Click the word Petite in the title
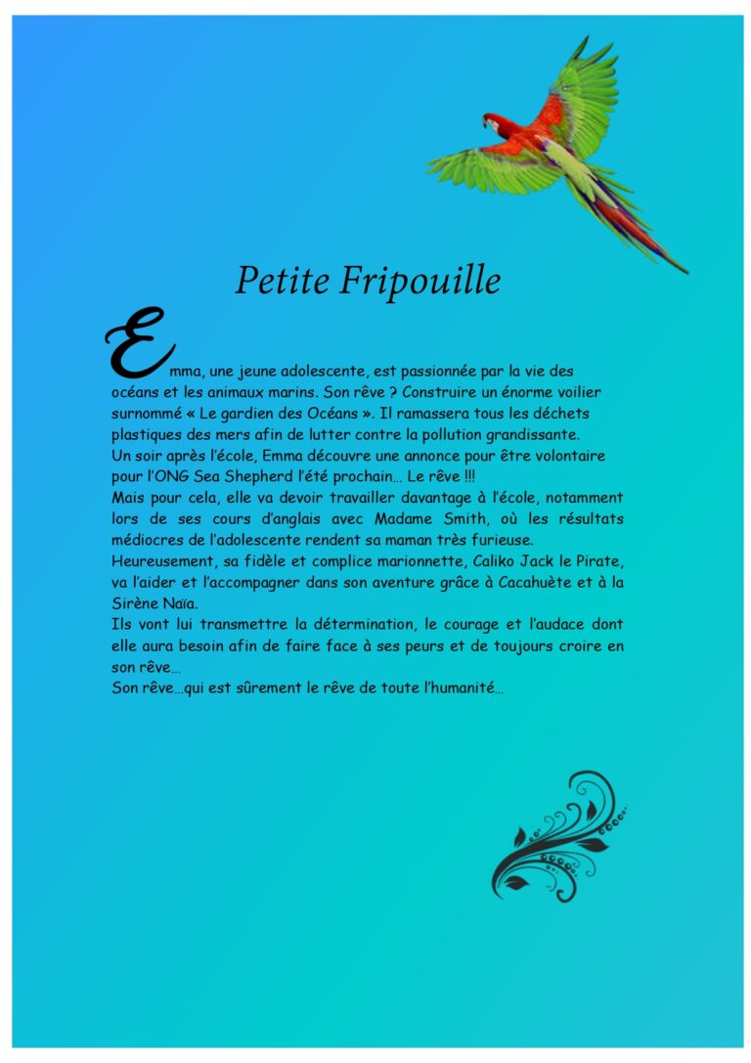pyautogui.click(x=283, y=281)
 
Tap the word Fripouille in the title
pyautogui.click(x=420, y=282)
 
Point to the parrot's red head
pyautogui.click(x=492, y=123)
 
